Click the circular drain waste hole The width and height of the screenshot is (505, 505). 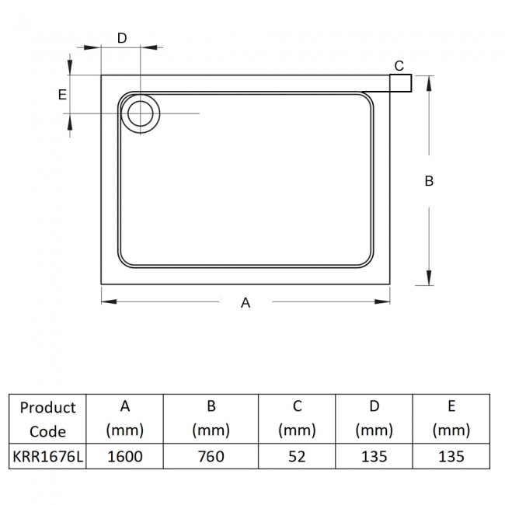coord(141,113)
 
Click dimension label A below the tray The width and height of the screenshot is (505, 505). coord(246,303)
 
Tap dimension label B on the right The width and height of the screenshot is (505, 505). coord(429,181)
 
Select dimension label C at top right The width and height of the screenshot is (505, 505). coord(399,65)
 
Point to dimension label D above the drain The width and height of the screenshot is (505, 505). coord(122,38)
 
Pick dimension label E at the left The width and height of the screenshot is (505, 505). coord(62,95)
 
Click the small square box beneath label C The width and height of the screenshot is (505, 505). coord(400,82)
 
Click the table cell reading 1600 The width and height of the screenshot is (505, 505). coord(124,456)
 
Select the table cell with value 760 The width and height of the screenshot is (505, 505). coord(211,456)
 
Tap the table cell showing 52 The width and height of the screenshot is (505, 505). coord(296,456)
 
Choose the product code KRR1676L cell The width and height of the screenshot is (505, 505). coord(48,456)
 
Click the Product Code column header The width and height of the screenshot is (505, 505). coord(48,419)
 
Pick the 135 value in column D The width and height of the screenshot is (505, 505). coord(374,456)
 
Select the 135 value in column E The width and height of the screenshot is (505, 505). coord(451,456)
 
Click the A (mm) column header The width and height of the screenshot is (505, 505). coord(124,419)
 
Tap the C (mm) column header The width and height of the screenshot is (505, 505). coord(296,419)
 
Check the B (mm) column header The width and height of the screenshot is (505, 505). coord(211,419)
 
